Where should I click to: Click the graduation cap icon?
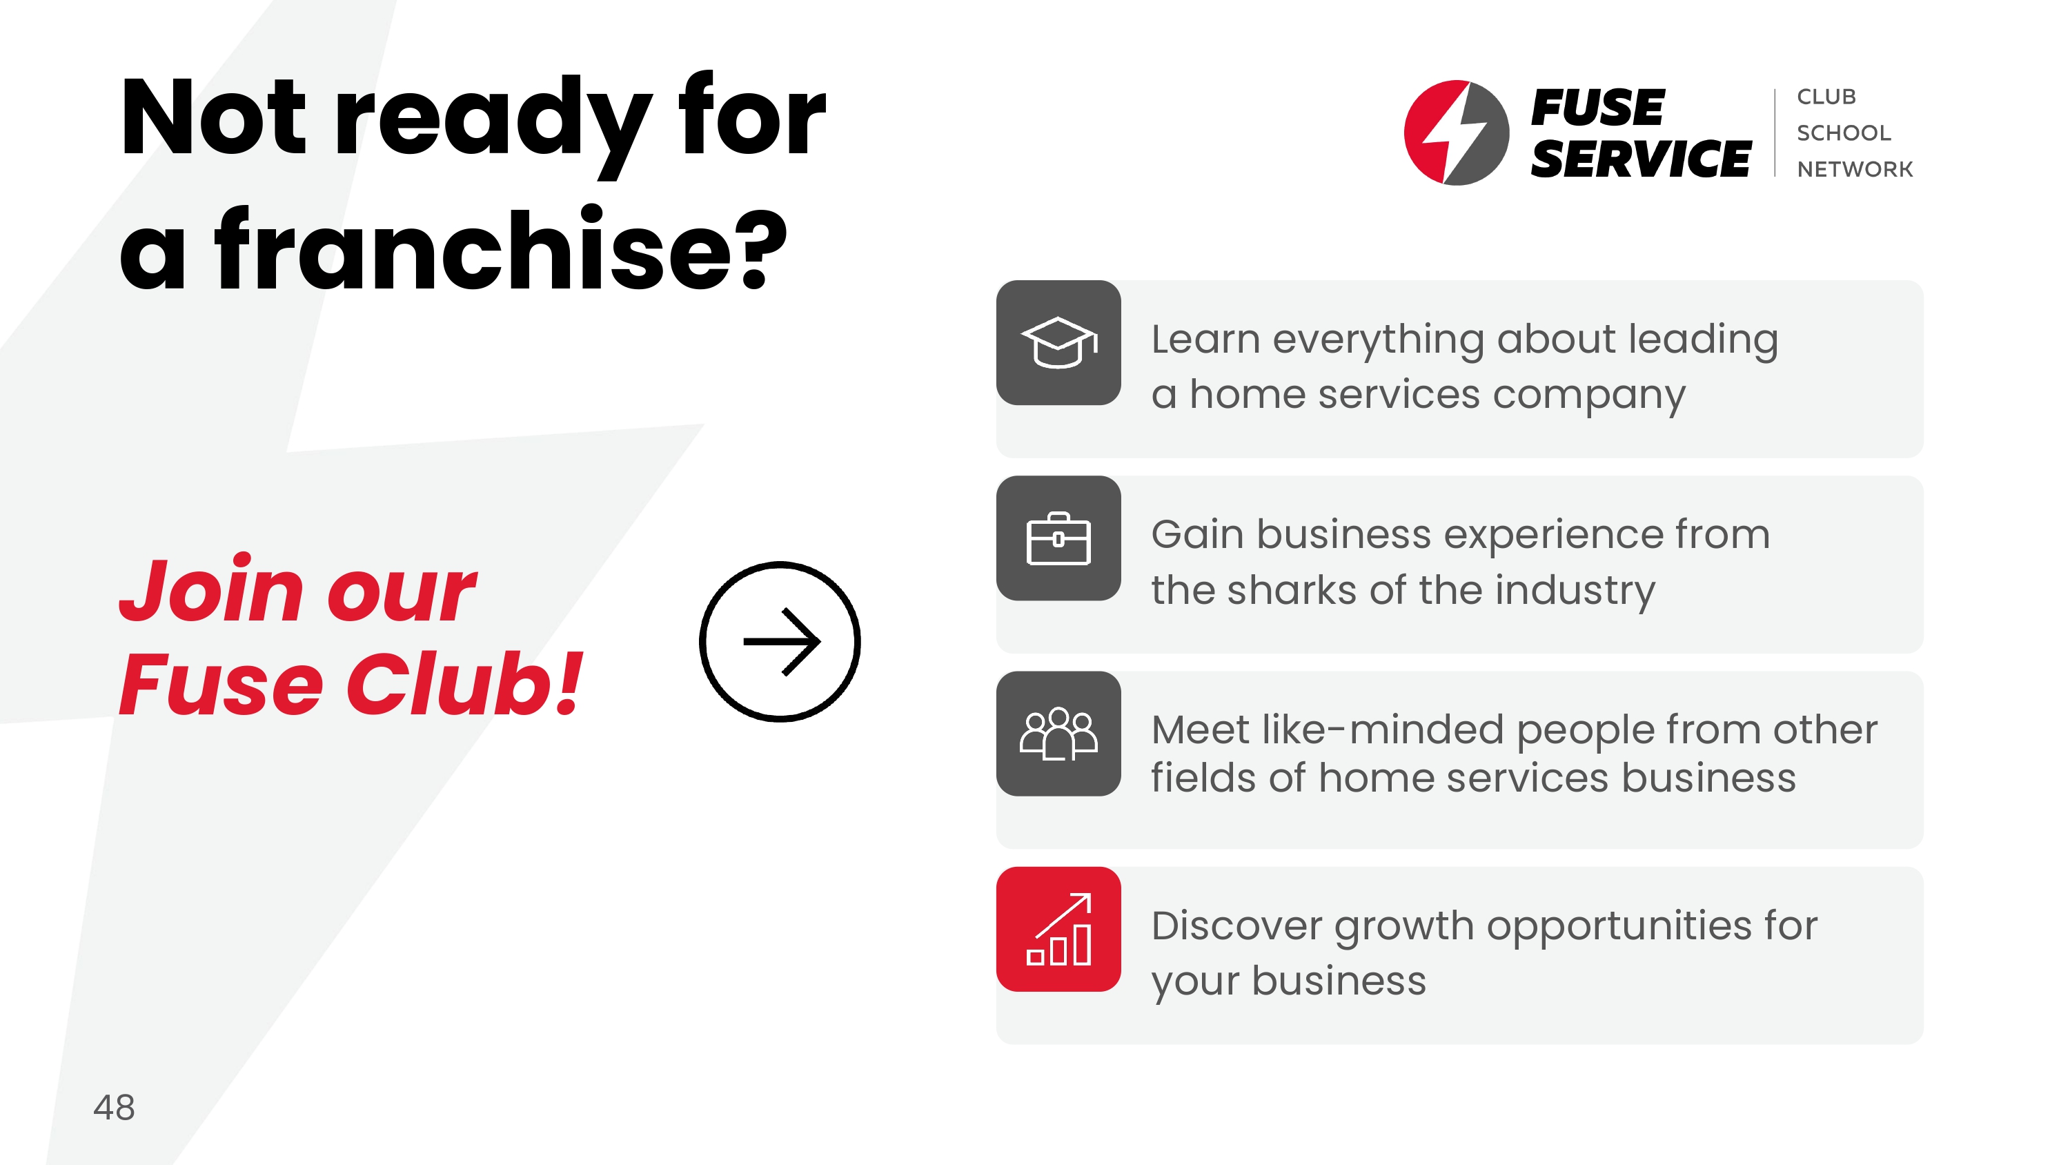click(1058, 342)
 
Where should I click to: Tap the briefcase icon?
click(1058, 538)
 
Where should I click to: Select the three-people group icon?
click(1058, 733)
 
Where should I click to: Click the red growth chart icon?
click(1058, 929)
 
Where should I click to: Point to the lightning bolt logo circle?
click(1456, 133)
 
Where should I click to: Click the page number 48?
click(114, 1107)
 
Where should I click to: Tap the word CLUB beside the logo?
click(1826, 97)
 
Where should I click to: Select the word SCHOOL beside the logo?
click(1844, 133)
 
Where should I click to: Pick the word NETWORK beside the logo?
click(1855, 169)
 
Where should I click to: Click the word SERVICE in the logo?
click(1640, 158)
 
